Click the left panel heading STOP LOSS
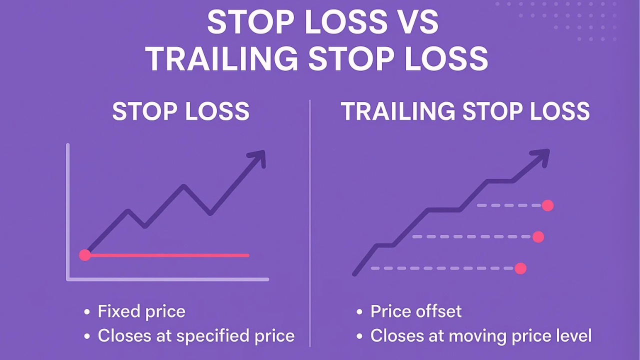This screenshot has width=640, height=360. click(x=180, y=111)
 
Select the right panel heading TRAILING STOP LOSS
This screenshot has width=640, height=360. click(x=465, y=111)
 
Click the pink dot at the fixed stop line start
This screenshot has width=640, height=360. click(x=85, y=255)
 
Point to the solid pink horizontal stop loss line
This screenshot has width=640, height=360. click(x=170, y=255)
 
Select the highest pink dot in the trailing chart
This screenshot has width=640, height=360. click(x=547, y=205)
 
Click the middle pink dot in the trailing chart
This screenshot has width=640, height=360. click(x=538, y=237)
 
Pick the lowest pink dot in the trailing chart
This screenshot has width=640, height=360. click(x=520, y=268)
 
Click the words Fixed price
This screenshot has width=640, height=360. click(x=141, y=311)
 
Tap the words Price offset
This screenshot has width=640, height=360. click(x=416, y=311)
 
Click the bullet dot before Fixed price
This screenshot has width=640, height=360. click(x=87, y=312)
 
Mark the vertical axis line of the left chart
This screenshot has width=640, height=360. click(x=67, y=210)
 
